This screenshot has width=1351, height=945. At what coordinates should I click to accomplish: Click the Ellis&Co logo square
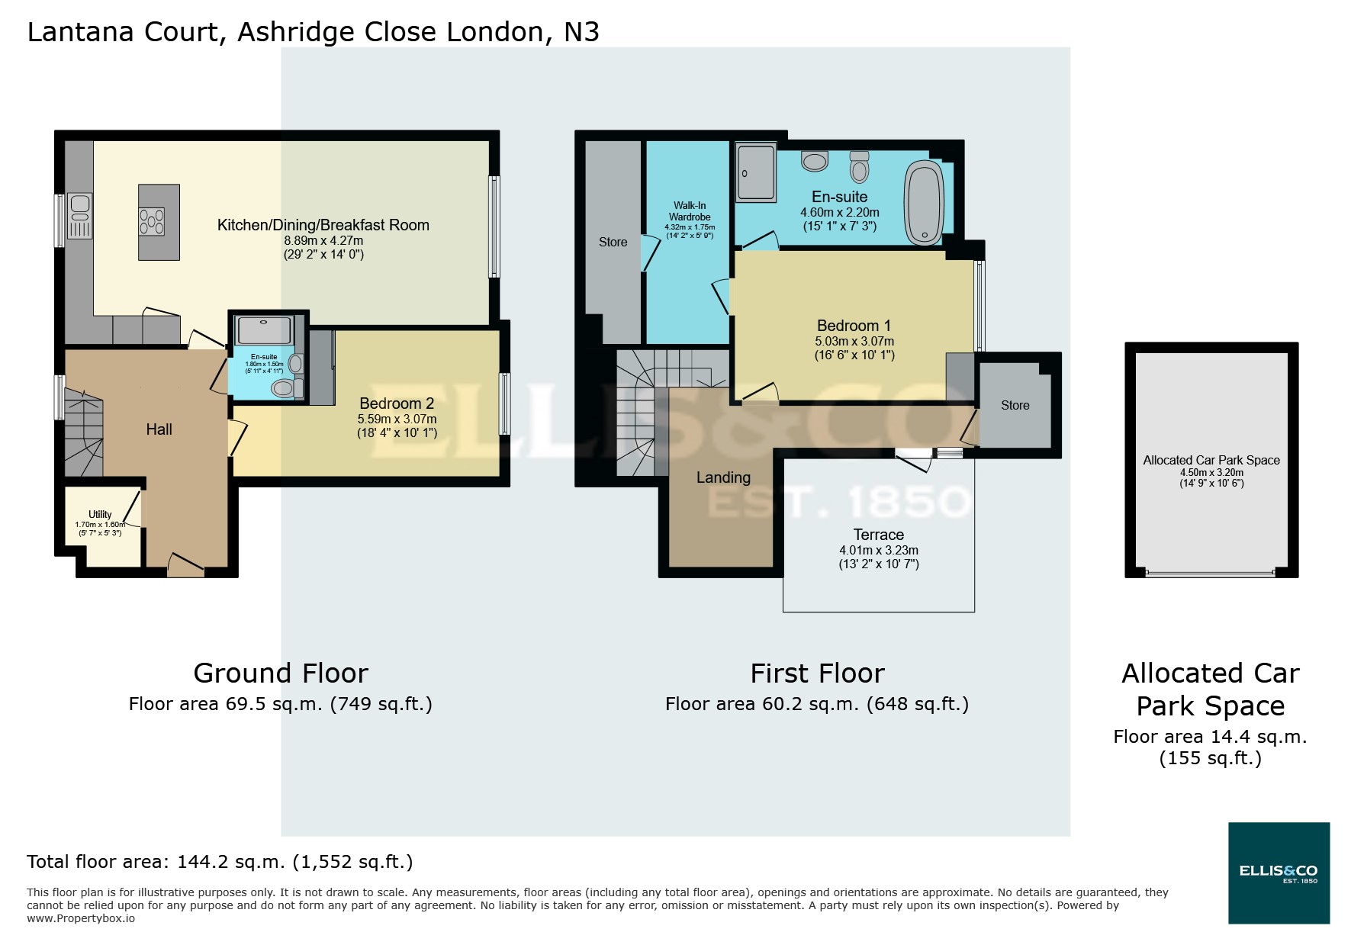[1279, 873]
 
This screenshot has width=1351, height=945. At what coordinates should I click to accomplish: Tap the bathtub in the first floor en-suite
[924, 203]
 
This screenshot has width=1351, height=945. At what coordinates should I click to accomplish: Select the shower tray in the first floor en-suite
[756, 172]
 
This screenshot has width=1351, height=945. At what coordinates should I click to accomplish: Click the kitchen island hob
[151, 221]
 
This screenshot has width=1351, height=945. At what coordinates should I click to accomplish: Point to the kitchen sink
[79, 205]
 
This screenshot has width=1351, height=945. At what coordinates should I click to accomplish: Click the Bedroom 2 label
[397, 403]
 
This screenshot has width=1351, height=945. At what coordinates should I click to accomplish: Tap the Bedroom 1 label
[854, 326]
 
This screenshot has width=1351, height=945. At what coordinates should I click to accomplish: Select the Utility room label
[100, 515]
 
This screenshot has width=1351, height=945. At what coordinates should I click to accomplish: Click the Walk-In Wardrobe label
[690, 211]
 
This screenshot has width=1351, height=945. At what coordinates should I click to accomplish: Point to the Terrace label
[878, 535]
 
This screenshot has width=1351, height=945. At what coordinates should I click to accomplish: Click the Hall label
[159, 429]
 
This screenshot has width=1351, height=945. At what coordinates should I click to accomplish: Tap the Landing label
[723, 477]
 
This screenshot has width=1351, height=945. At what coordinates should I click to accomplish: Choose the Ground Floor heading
[281, 673]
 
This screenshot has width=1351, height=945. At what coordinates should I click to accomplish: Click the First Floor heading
[817, 673]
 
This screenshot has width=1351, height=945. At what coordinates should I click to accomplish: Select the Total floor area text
[220, 862]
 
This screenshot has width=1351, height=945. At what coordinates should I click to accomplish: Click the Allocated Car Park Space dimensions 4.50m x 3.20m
[1211, 472]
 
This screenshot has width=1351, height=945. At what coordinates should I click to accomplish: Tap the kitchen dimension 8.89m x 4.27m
[323, 240]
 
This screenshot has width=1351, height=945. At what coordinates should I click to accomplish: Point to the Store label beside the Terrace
[1015, 406]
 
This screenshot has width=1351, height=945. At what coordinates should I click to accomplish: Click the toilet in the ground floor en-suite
[284, 389]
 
